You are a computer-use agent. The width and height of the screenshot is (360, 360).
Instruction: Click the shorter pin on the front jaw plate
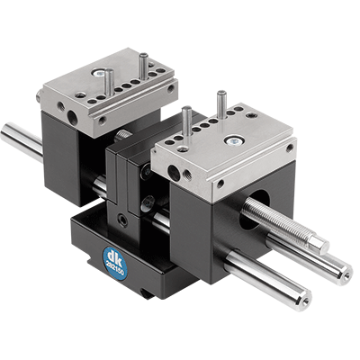[x=186, y=121]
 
